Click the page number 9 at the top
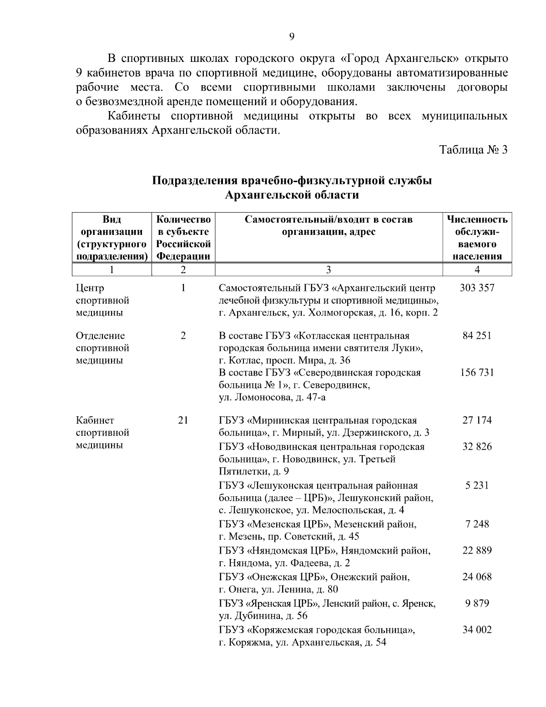click(x=292, y=37)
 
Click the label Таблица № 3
click(x=473, y=150)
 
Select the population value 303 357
click(x=477, y=288)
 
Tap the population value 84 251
click(x=477, y=336)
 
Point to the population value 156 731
click(x=477, y=373)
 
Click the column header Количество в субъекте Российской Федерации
click(x=183, y=238)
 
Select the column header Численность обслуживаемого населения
click(x=477, y=238)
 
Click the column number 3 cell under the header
click(x=329, y=270)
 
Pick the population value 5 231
click(x=477, y=485)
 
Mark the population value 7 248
click(x=477, y=524)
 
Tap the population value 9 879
click(x=477, y=604)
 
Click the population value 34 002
click(x=477, y=630)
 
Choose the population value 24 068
click(x=477, y=577)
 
